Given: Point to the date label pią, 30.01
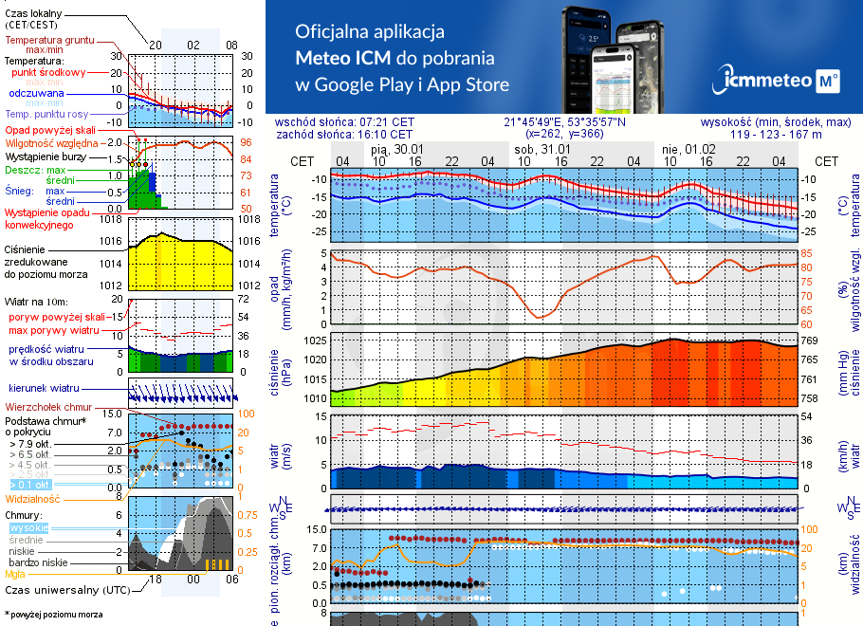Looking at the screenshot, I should click(x=396, y=149).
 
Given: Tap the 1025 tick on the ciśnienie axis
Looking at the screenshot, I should click(x=315, y=341).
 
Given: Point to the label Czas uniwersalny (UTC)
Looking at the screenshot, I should click(x=67, y=590).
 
